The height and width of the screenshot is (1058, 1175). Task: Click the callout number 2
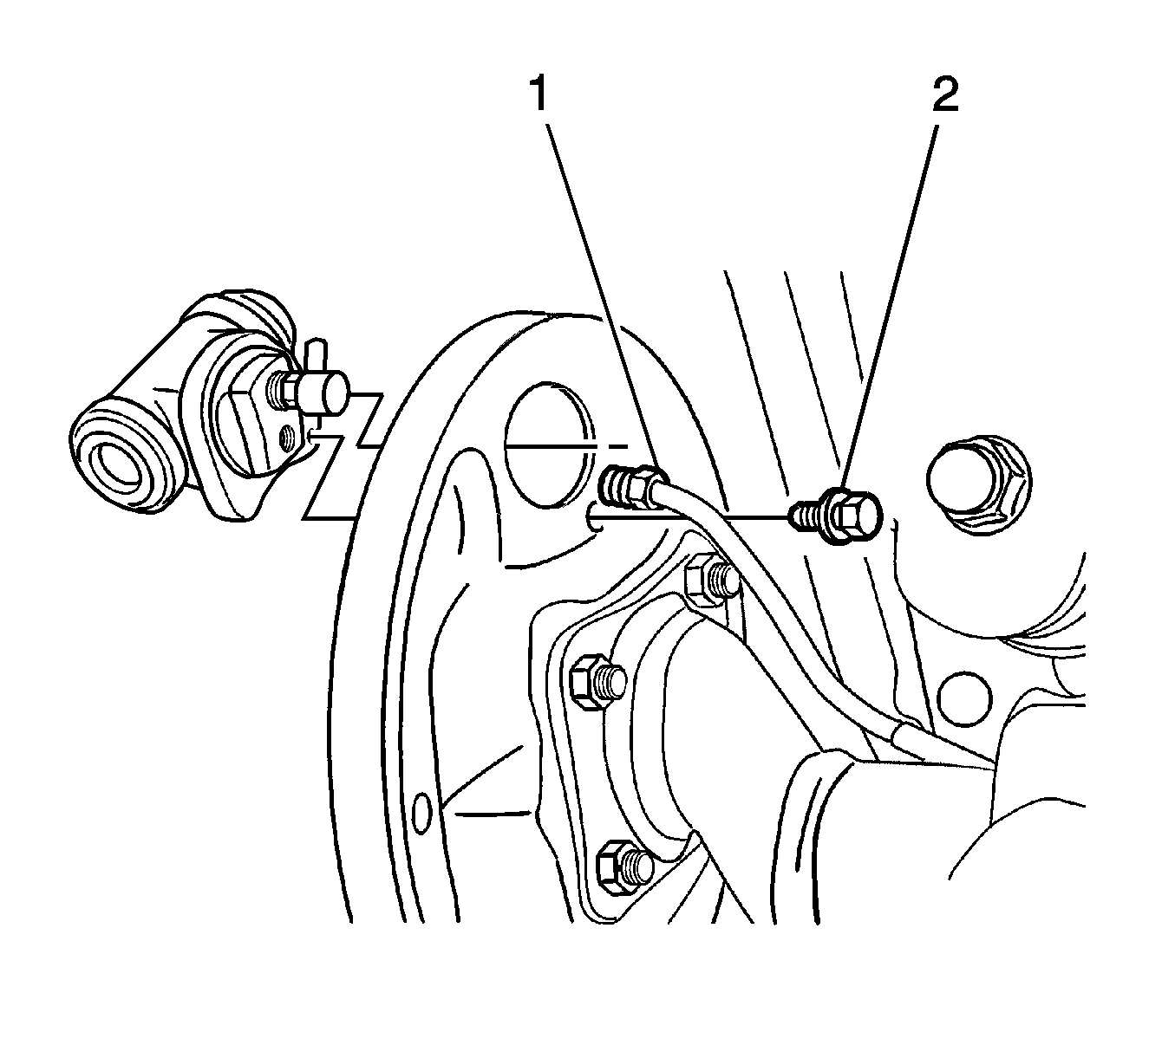[x=945, y=94]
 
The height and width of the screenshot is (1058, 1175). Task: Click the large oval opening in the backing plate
[x=549, y=445]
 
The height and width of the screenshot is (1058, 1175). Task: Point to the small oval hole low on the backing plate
[x=420, y=814]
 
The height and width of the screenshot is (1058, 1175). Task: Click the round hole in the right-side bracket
[x=964, y=699]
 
